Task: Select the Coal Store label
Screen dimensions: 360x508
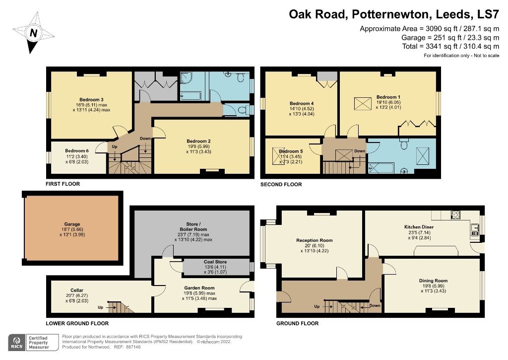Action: tap(216, 262)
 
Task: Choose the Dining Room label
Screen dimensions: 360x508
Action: tap(433, 281)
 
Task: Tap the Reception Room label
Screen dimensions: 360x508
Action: tap(314, 240)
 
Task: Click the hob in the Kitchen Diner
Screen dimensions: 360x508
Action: tap(454, 215)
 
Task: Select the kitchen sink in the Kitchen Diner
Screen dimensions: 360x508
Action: tap(474, 229)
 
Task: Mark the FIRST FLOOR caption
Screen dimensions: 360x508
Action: tap(63, 184)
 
